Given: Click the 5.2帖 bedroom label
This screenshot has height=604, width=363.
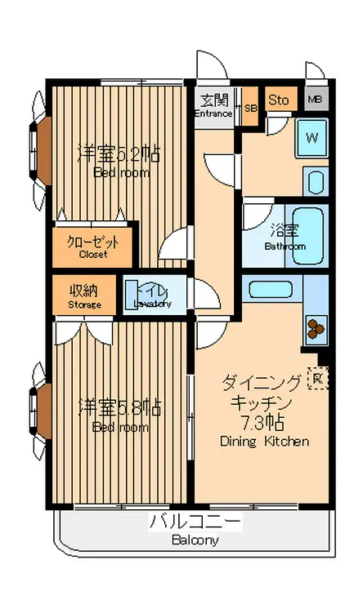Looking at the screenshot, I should coord(118,153).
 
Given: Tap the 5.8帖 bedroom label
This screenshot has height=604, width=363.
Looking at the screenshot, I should coord(118,406).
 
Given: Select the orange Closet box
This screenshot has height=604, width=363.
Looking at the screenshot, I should coord(92,246).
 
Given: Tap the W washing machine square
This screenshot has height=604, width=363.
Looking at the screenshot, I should coord(311,137).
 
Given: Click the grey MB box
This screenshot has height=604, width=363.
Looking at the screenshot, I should coord(316,101).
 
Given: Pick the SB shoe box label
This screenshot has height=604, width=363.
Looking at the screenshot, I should coord(250,108).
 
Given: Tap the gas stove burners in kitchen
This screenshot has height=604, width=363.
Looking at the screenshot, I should coord(315,327).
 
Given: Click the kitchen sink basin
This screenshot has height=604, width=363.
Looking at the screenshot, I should coord(271,290).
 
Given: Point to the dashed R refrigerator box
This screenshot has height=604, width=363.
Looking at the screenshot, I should coord(318,379).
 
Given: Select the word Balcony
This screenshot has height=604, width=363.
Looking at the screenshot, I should coord(195,540).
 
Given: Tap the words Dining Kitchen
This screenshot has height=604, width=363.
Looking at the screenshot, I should coord(264,442).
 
